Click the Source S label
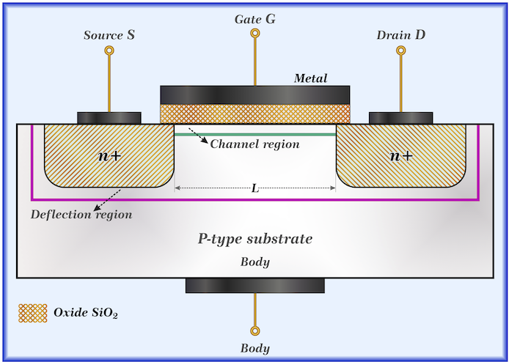[109, 35]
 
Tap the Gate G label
[254, 18]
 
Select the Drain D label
[400, 35]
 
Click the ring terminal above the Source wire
[109, 51]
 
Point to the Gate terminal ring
[254, 33]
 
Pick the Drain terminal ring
[400, 51]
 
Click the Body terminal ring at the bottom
[254, 330]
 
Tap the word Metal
[310, 78]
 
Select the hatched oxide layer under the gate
[254, 113]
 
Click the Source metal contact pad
[109, 117]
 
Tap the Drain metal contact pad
[400, 117]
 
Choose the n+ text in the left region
[109, 155]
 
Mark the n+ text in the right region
[400, 155]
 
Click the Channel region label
[254, 144]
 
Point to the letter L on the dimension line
[254, 188]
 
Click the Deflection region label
[81, 215]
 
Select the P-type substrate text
[255, 239]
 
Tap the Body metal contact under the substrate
[254, 286]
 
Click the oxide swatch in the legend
[32, 313]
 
